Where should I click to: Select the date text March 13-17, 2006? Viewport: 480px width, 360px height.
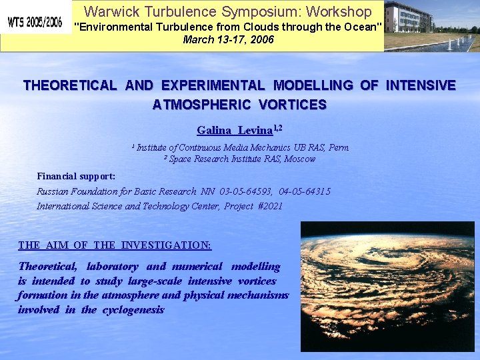coord(228,39)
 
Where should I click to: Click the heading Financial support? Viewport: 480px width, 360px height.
coord(76,176)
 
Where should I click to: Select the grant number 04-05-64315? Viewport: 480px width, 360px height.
coord(303,191)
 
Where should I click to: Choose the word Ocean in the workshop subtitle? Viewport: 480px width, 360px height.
coord(362,27)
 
